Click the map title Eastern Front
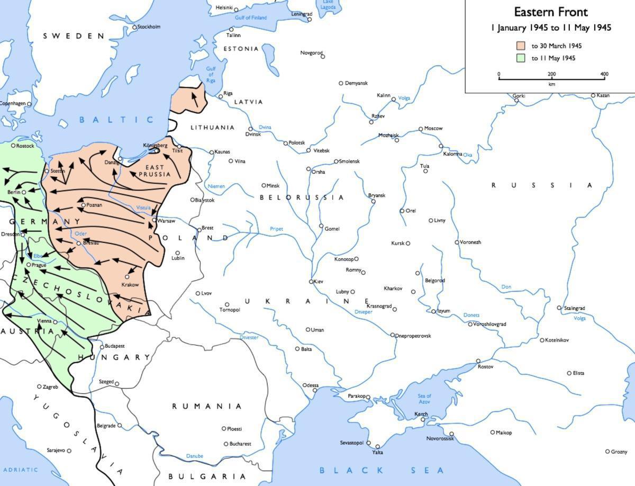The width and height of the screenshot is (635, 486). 551,12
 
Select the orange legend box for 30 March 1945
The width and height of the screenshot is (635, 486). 521,46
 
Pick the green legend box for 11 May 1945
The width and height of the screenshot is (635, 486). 521,58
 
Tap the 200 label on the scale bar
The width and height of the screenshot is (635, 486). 551,74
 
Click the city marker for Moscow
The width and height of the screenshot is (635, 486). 421,129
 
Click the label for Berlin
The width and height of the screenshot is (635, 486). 14,192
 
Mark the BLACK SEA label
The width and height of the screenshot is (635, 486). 382,470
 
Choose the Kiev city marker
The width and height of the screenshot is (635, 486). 312,282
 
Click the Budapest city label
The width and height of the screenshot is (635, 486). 115,346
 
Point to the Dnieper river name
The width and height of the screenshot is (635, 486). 364,312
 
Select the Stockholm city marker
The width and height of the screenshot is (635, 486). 134,27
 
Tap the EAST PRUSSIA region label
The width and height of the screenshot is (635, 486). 155,170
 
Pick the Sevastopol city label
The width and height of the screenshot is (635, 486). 351,442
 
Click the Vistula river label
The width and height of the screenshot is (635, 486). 143,208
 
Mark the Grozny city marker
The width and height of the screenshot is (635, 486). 607,452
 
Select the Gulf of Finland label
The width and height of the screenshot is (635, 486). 251,18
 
